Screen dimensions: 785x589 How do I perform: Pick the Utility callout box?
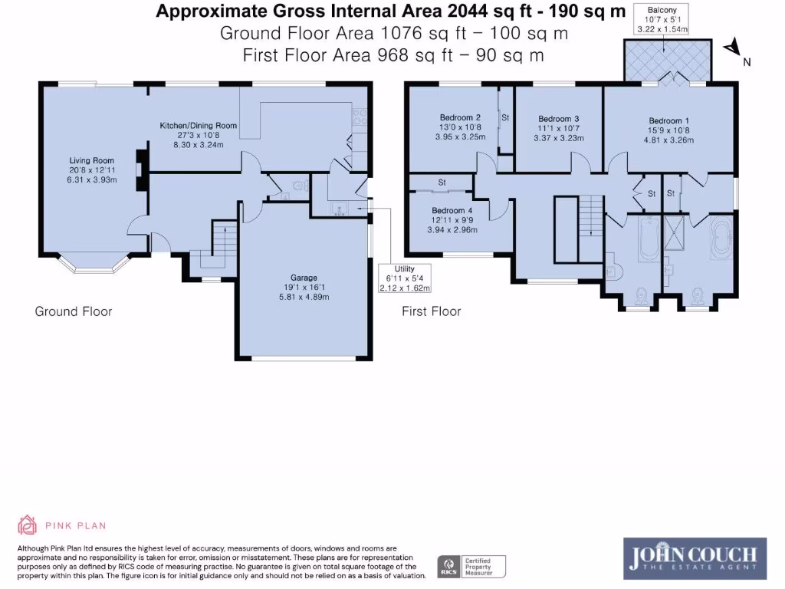(405, 278)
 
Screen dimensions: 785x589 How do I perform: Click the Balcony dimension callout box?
(662, 19)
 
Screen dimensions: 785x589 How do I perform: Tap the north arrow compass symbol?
(733, 47)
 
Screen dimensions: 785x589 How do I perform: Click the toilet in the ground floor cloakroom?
(300, 186)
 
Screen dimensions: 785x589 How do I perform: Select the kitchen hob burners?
(360, 117)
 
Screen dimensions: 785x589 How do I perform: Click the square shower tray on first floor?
(674, 232)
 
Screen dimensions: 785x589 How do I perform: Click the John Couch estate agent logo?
(695, 558)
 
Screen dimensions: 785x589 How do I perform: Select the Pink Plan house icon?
(27, 525)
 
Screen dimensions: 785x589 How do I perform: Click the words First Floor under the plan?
(431, 311)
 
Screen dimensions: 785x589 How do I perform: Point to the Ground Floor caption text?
(74, 311)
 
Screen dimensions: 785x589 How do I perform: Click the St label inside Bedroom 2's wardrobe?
(505, 117)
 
